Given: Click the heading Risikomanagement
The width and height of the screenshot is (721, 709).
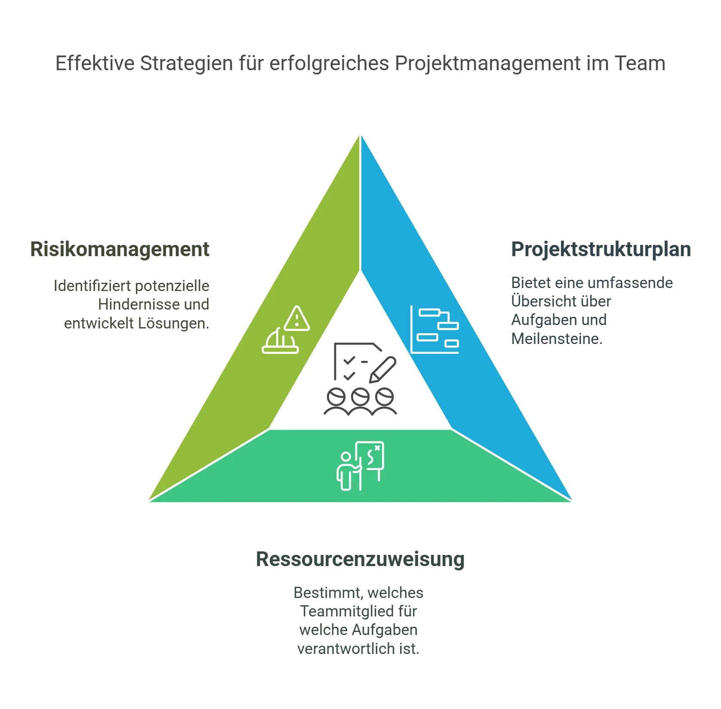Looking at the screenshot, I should [x=120, y=250].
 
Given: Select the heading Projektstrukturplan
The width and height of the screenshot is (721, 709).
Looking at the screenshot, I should [x=600, y=250].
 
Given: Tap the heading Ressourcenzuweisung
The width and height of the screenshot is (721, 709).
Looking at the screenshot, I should [x=360, y=560].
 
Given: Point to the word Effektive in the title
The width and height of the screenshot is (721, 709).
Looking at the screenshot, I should [x=94, y=64].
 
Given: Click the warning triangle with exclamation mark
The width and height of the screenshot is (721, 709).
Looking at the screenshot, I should [x=297, y=319].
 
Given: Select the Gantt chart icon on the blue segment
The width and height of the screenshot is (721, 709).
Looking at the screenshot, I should [x=434, y=329].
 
